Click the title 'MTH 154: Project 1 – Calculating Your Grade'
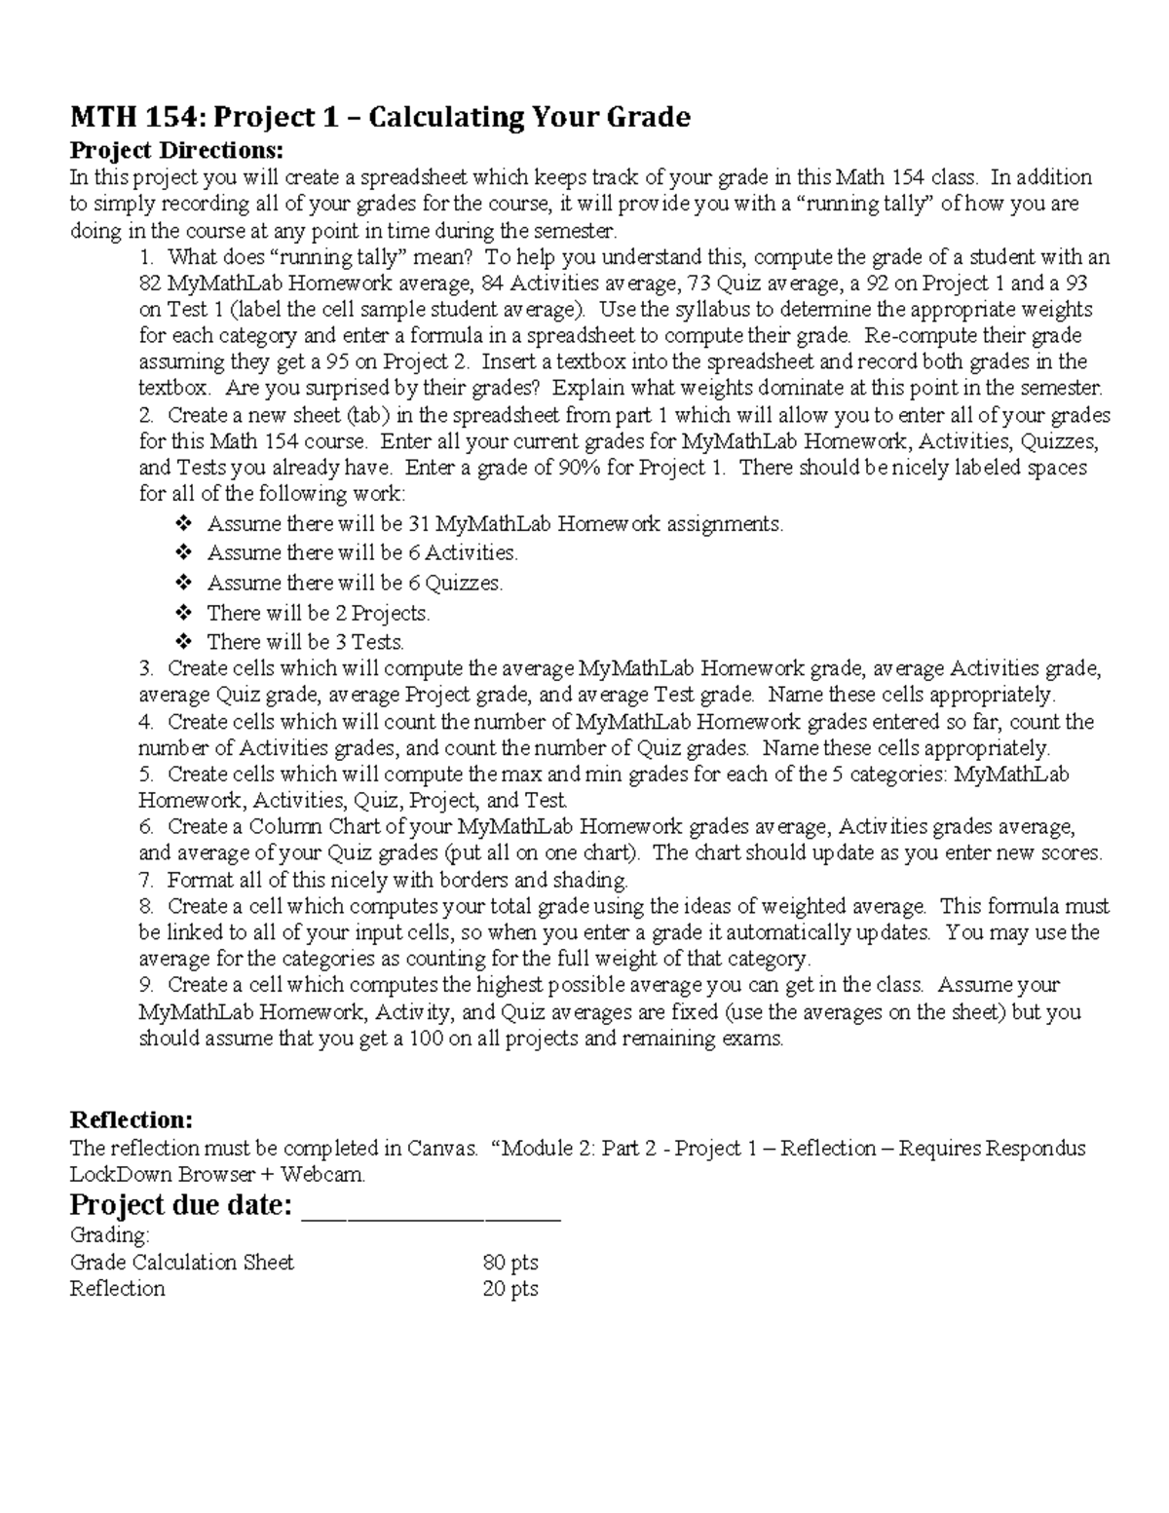tap(380, 118)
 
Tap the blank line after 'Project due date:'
tap(433, 1207)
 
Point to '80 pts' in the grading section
tap(510, 1263)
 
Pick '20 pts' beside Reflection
tap(510, 1289)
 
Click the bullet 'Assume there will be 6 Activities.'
tap(362, 553)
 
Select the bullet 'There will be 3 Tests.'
tap(305, 642)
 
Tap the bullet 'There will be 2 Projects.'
tap(319, 614)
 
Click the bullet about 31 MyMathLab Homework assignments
tap(495, 524)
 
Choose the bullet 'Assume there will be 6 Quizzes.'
tap(355, 584)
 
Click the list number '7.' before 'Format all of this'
tap(146, 881)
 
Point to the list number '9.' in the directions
tap(146, 985)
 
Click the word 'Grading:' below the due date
tap(110, 1235)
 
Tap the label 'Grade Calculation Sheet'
tap(182, 1263)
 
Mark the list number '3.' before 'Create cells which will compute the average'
tap(146, 669)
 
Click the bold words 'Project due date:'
tap(181, 1205)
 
